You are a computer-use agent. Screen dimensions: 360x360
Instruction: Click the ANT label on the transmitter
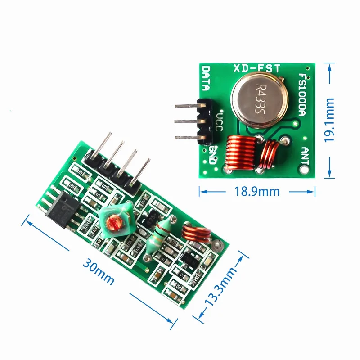305,155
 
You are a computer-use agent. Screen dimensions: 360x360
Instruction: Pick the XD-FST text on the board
257,68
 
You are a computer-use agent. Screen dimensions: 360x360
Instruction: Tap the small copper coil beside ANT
272,156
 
